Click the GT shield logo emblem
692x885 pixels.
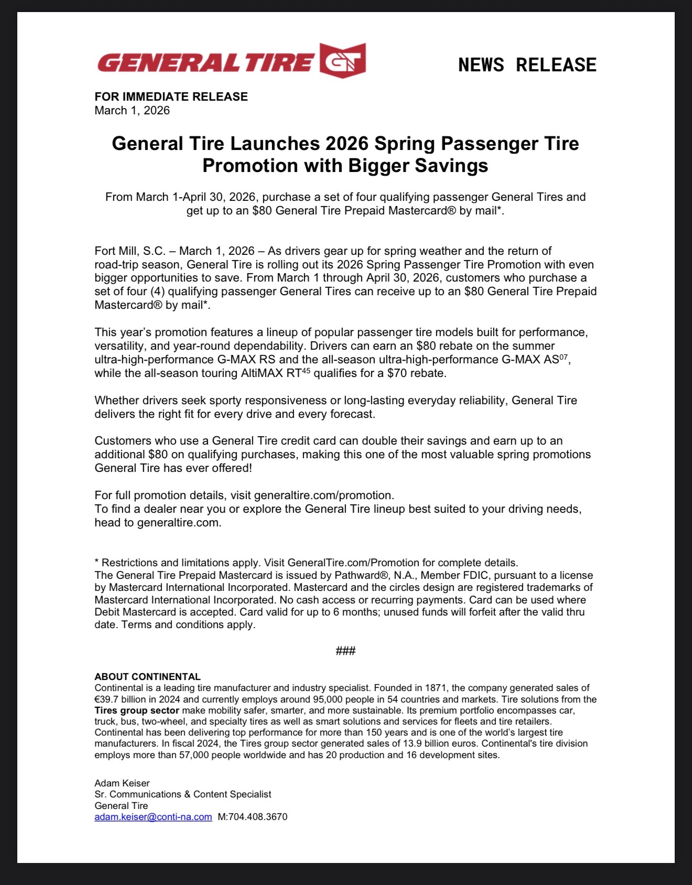point(342,60)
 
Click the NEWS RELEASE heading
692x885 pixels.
point(527,65)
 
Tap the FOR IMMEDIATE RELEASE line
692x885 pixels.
point(171,96)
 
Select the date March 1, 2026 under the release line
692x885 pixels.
point(132,111)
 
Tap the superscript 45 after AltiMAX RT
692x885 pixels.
point(307,370)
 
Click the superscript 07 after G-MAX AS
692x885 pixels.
point(564,356)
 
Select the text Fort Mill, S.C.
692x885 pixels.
point(129,251)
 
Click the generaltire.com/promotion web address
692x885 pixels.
point(323,495)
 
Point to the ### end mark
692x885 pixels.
point(345,651)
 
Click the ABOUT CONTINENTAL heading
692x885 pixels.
point(147,677)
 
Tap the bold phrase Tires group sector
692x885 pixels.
point(137,710)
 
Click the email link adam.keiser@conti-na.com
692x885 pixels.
point(153,817)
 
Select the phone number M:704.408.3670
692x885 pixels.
point(252,817)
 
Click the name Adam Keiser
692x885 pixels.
point(122,783)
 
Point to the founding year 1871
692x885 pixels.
point(436,688)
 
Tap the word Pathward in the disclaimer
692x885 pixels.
point(357,575)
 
